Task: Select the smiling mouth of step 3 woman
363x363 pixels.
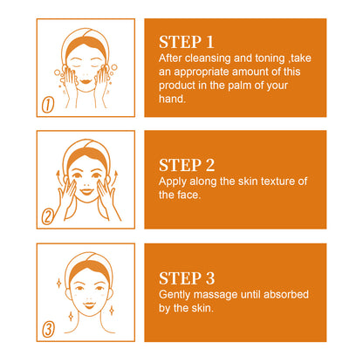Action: (86, 312)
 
